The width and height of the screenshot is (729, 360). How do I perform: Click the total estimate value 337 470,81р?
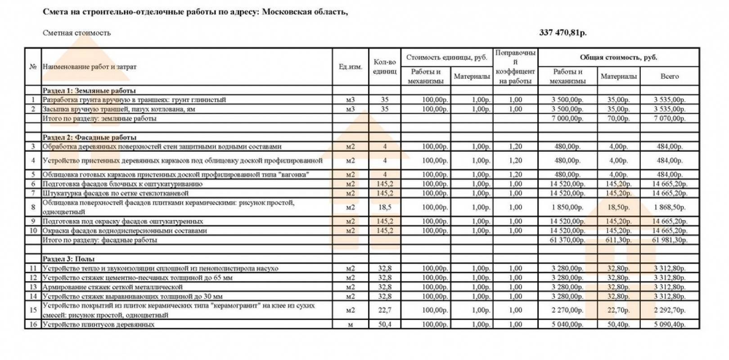coord(562,33)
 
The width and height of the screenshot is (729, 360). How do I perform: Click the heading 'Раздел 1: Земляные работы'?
coord(89,90)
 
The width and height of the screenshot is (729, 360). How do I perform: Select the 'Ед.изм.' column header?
coord(350,67)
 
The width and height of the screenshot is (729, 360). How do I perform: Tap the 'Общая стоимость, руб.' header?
coord(618,58)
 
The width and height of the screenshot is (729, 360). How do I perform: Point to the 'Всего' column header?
coord(669,76)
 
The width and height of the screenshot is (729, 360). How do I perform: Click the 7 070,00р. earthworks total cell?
coord(669,119)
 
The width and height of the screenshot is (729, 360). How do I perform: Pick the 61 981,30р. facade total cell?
coord(669,240)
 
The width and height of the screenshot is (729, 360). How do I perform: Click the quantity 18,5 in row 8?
coord(384,207)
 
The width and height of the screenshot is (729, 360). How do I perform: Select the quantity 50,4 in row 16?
coord(384,324)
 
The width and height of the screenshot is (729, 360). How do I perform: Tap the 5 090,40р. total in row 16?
coord(669,324)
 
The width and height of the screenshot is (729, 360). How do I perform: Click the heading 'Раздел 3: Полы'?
coord(68,259)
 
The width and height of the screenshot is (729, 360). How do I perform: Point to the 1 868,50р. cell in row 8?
coord(669,207)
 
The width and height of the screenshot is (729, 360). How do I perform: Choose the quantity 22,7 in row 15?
coord(384,310)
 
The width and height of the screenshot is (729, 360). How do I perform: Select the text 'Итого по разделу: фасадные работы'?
coord(99,240)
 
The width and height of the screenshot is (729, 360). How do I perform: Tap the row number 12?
coord(33,278)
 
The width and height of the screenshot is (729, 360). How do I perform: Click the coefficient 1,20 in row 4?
coord(515,161)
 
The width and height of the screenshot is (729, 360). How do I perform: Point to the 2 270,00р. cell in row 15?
coord(567,310)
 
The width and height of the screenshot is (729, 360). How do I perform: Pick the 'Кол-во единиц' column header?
coord(384,67)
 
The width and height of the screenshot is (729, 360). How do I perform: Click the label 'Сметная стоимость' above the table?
coord(76,33)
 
